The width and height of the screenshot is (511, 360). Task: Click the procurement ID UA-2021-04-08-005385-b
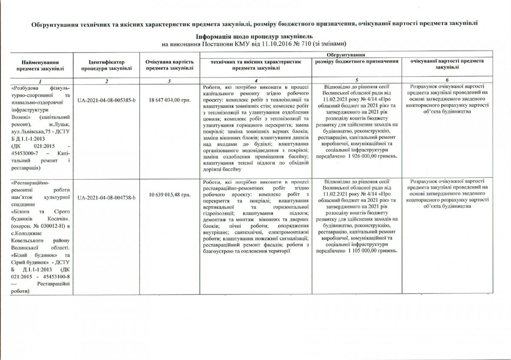[x=106, y=101]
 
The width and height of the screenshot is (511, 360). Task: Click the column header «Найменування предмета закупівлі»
[x=41, y=65]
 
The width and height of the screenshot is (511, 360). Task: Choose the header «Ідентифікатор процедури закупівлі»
[x=106, y=65]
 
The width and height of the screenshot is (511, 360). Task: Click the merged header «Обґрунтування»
[x=345, y=55]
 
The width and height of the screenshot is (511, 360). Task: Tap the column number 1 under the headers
[x=41, y=81]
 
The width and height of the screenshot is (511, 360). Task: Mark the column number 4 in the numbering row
[x=258, y=81]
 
